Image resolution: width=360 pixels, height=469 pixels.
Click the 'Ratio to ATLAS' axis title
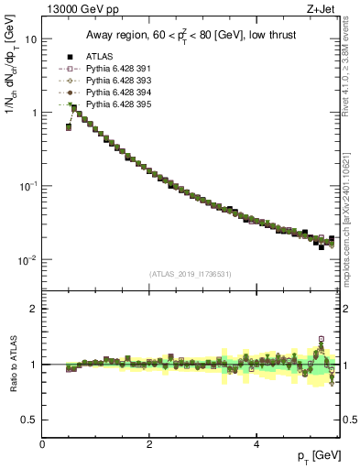12,364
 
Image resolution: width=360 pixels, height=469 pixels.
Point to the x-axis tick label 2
149,444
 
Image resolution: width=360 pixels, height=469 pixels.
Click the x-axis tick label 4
256,444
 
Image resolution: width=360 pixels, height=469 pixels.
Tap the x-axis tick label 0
43,444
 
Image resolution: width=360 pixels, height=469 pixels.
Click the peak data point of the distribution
74,107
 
